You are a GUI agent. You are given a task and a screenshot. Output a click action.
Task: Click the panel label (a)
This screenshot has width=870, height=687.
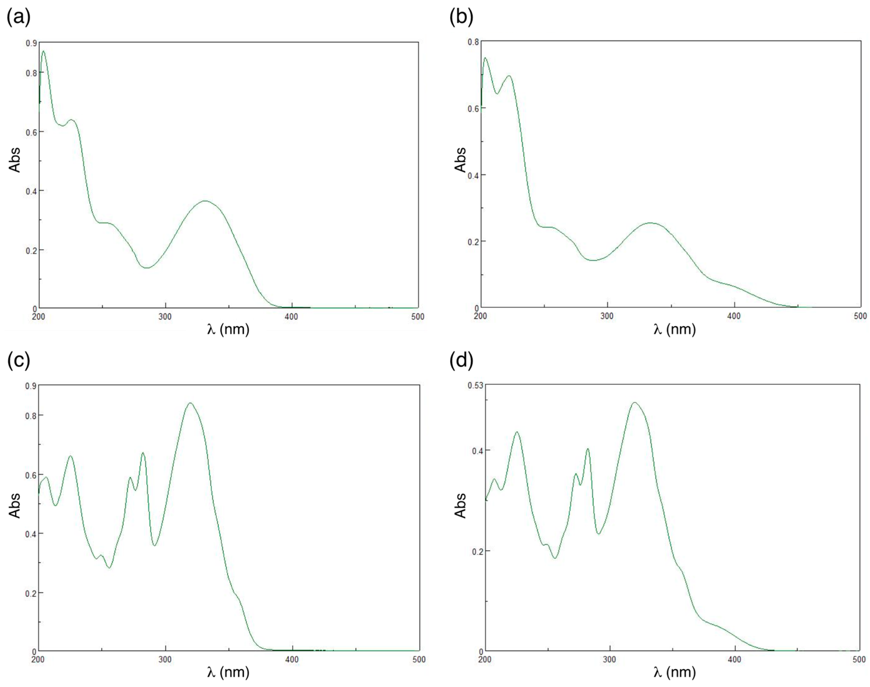tap(18, 18)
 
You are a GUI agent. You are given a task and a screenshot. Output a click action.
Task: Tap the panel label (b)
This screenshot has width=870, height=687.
tap(461, 18)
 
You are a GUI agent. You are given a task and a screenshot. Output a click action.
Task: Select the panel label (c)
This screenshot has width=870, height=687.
tap(18, 360)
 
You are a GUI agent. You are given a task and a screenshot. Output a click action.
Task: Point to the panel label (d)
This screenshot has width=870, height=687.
tap(461, 360)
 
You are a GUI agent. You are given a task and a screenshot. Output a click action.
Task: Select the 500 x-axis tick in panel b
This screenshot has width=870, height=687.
tap(860, 316)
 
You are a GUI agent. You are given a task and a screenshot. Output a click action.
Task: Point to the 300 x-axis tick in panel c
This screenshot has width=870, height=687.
tap(165, 660)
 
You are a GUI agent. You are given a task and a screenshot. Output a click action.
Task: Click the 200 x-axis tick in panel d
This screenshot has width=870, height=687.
tap(485, 660)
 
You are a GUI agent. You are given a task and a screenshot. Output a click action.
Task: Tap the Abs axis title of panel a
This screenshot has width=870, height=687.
tap(15, 160)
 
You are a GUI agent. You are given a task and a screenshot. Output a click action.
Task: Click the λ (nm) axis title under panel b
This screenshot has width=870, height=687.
tap(674, 329)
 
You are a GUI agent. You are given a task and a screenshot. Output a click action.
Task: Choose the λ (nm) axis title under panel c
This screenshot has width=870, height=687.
tap(228, 672)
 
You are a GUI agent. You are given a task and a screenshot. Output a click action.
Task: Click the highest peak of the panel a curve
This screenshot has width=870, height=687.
tap(43, 51)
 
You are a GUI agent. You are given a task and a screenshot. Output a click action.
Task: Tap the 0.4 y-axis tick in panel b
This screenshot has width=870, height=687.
tap(473, 175)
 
